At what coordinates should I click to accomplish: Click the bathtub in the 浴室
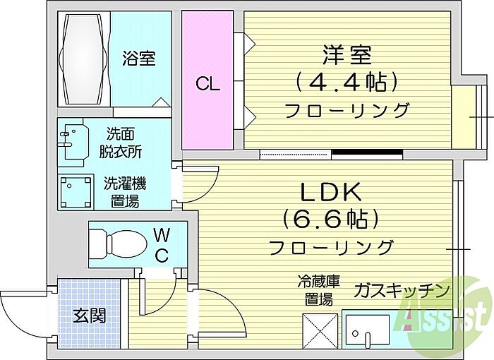83,59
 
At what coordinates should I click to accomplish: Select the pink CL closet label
207,84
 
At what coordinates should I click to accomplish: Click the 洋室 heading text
347,54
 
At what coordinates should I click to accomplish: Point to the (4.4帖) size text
347,83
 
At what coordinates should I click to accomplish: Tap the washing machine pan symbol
76,191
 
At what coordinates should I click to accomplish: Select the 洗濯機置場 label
125,192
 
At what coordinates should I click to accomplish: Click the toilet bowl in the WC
119,244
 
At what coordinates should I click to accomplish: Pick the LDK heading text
331,192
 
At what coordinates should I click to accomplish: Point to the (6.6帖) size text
330,220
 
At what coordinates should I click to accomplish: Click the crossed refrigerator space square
320,331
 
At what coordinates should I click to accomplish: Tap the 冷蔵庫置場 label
319,290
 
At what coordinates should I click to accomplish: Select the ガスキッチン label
402,291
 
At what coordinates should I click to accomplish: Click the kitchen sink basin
368,330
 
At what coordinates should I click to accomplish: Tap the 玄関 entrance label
90,316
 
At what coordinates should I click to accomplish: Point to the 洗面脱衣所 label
121,143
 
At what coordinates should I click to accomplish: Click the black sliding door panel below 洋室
368,152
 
